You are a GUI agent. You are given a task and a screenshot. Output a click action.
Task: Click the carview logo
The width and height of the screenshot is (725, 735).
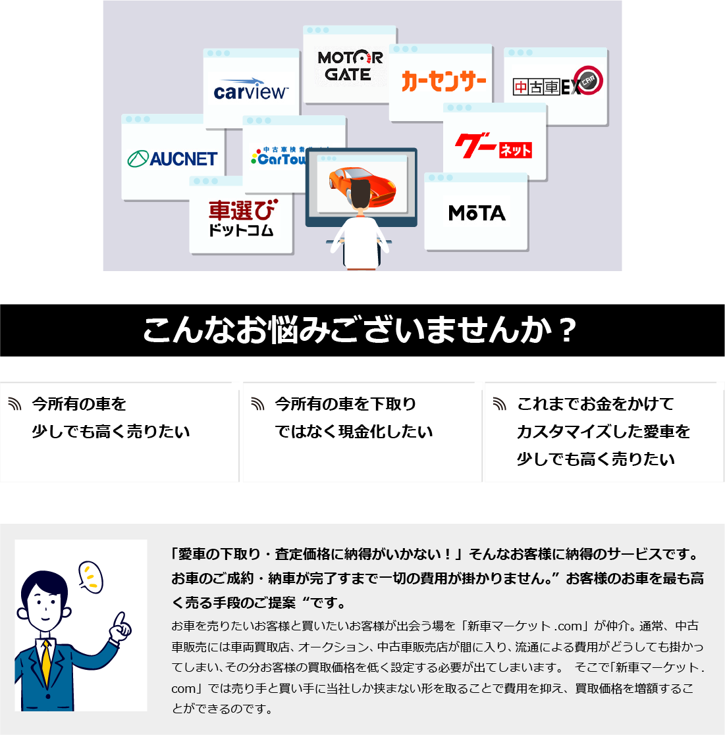[x=251, y=91]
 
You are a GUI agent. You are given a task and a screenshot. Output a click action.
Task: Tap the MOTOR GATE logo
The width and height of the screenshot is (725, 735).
[x=350, y=66]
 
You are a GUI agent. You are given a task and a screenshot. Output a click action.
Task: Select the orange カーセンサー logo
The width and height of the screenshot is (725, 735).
[x=443, y=82]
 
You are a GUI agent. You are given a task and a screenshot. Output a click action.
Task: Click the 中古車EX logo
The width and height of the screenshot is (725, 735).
[x=557, y=84]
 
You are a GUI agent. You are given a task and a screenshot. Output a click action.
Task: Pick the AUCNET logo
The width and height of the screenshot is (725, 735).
[x=173, y=159]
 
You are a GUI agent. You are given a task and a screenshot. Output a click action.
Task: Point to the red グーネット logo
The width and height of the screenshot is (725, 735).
[x=493, y=147]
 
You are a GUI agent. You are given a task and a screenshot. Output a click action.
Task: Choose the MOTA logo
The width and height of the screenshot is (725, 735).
[x=477, y=213]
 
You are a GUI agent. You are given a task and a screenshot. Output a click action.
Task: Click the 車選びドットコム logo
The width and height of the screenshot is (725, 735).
[x=242, y=218]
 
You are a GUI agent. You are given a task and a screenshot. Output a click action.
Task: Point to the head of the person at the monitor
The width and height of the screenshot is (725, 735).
[x=361, y=195]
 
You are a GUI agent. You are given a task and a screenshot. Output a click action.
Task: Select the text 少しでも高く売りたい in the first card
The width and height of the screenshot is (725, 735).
[x=111, y=432]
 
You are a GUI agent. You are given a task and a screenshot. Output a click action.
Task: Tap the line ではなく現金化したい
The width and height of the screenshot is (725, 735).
[x=354, y=432]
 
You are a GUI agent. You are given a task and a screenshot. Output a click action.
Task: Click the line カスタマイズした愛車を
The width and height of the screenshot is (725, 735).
[x=603, y=432]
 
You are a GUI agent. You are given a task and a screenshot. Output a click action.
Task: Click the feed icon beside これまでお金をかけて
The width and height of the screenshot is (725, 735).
[x=500, y=404]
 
